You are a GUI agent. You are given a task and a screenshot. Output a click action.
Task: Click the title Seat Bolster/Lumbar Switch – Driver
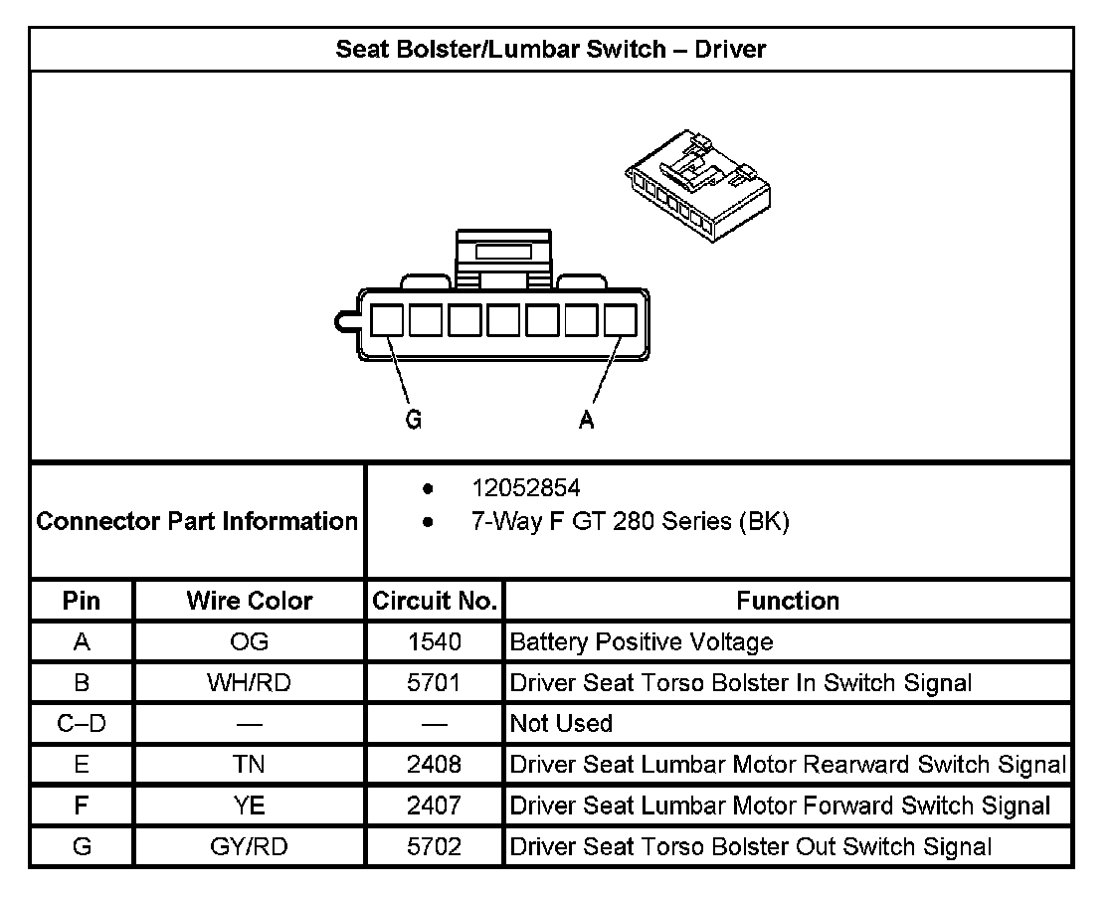(550, 49)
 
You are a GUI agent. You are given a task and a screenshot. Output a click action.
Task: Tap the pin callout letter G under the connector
(414, 421)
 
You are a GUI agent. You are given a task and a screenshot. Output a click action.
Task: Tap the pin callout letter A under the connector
(587, 421)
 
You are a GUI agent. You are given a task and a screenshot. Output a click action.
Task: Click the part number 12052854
(526, 488)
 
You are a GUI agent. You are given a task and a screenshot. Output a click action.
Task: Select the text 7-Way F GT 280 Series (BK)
(630, 522)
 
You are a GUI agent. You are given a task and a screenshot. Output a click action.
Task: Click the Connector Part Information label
(197, 521)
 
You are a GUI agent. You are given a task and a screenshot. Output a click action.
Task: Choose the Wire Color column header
(249, 601)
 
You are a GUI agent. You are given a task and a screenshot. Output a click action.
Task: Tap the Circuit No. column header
(434, 601)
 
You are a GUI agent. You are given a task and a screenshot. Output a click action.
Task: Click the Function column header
(788, 601)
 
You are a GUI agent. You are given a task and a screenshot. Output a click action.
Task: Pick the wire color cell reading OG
(249, 642)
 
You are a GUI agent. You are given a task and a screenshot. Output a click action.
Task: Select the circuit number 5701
(434, 683)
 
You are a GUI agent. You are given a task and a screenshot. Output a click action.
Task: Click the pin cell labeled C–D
(82, 724)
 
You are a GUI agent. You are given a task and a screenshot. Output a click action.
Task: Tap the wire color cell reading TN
(249, 765)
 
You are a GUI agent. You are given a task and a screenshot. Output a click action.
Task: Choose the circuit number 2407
(434, 806)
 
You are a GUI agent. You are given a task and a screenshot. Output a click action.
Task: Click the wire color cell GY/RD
(249, 847)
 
